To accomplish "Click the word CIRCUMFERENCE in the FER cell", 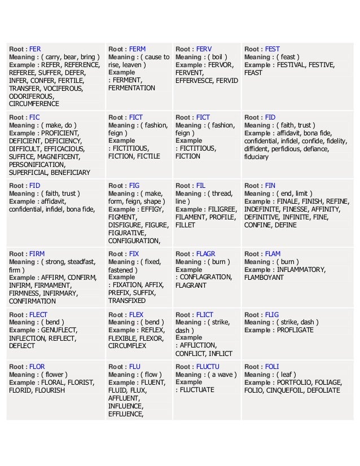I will click(34, 104).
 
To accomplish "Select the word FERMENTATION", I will click(131, 88).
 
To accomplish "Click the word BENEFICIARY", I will click(68, 172).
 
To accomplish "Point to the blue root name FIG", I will click(134, 185).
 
